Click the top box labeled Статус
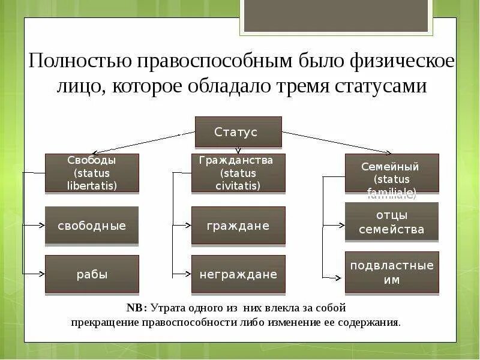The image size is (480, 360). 238,132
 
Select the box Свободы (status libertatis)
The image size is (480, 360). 92,173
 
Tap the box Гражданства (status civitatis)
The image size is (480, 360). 238,173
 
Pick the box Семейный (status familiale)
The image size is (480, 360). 391,173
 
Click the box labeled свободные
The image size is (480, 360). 92,226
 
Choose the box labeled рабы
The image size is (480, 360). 92,274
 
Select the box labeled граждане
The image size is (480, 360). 238,226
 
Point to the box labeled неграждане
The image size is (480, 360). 238,274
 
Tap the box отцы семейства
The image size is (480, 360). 391,222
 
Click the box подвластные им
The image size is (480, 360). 391,272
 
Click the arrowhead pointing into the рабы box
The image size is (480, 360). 41,274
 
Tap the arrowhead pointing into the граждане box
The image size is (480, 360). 188,226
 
